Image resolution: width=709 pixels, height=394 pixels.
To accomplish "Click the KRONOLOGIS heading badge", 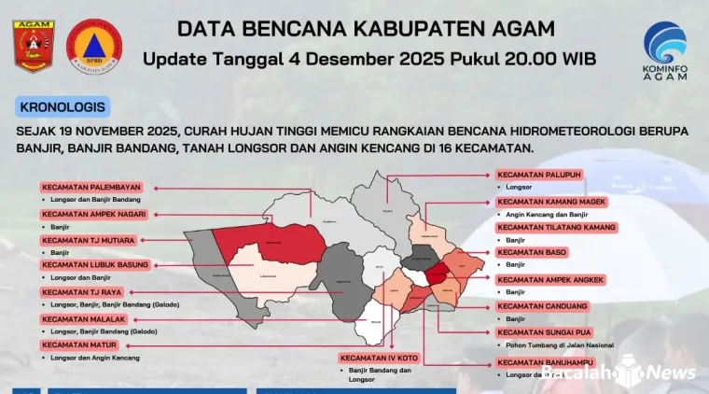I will click(x=62, y=106).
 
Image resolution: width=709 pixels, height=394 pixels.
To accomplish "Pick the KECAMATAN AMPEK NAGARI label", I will click(x=93, y=214).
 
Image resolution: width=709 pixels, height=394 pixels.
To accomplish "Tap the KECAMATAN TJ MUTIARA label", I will click(x=87, y=240).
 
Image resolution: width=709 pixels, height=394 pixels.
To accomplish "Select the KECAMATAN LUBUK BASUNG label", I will click(x=95, y=265).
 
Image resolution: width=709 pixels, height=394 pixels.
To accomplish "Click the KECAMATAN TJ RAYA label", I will click(x=79, y=292).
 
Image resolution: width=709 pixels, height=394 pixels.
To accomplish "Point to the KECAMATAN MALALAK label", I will click(x=83, y=319).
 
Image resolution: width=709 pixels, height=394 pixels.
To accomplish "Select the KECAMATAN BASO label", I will click(x=532, y=252).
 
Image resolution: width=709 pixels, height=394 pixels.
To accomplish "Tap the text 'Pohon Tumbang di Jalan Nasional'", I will click(x=549, y=345).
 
